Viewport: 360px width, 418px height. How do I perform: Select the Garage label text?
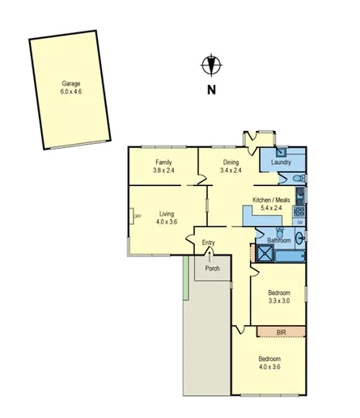point(70,83)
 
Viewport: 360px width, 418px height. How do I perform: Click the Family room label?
point(164,162)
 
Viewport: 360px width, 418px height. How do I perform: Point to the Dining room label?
point(231,162)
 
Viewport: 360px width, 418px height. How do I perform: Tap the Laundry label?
point(282,162)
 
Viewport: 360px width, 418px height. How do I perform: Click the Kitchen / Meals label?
point(272,200)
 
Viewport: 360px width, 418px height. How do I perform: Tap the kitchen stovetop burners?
point(299,209)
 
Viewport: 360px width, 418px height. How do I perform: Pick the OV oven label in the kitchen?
point(299,222)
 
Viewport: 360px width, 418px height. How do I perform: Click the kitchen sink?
point(299,194)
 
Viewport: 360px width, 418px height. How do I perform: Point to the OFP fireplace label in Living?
point(137,216)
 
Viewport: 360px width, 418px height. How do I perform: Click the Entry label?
point(209,242)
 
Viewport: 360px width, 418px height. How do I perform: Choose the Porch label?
point(212,268)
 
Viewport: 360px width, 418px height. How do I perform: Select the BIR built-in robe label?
point(281,331)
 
